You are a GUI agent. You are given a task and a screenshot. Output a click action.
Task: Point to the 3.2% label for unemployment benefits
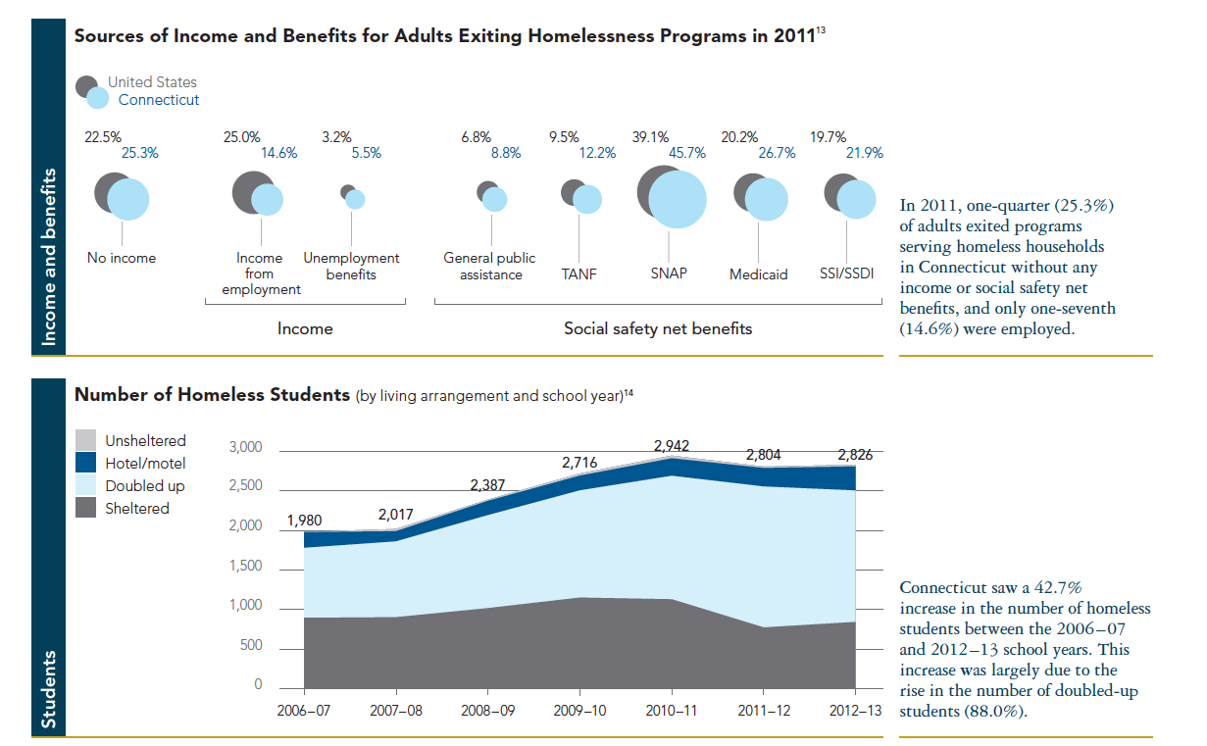click(x=336, y=137)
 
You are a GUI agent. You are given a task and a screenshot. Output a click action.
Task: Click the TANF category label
click(x=578, y=274)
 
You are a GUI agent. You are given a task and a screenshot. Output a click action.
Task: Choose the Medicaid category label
click(x=758, y=274)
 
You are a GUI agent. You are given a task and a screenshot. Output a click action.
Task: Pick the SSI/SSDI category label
click(x=847, y=274)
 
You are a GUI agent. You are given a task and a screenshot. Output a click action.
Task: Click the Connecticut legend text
click(x=159, y=100)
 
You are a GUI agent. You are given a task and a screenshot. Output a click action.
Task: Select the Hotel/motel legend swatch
click(x=86, y=464)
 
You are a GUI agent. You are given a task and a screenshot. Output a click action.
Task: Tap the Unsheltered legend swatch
click(x=86, y=441)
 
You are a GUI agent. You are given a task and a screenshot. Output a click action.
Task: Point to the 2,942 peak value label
click(x=671, y=446)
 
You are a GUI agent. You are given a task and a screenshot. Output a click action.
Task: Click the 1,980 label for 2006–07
click(x=304, y=521)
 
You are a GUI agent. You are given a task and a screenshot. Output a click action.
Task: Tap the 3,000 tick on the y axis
click(x=245, y=448)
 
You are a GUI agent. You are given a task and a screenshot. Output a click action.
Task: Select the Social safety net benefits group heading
click(x=658, y=329)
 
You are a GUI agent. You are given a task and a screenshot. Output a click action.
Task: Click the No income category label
click(x=122, y=259)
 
